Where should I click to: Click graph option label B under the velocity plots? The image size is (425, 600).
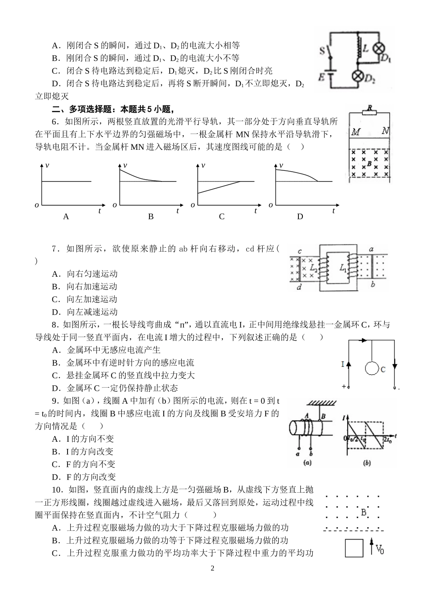(151, 217)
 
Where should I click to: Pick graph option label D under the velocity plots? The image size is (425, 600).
(300, 217)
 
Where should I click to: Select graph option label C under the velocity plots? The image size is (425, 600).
(221, 217)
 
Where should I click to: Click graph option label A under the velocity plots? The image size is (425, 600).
(66, 217)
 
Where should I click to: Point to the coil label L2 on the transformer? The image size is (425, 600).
(313, 268)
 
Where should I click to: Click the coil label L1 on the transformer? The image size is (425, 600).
(343, 268)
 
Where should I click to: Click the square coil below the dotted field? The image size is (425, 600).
(353, 548)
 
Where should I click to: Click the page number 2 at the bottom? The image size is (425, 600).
(212, 569)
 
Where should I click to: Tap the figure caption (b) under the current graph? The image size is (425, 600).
(367, 463)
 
